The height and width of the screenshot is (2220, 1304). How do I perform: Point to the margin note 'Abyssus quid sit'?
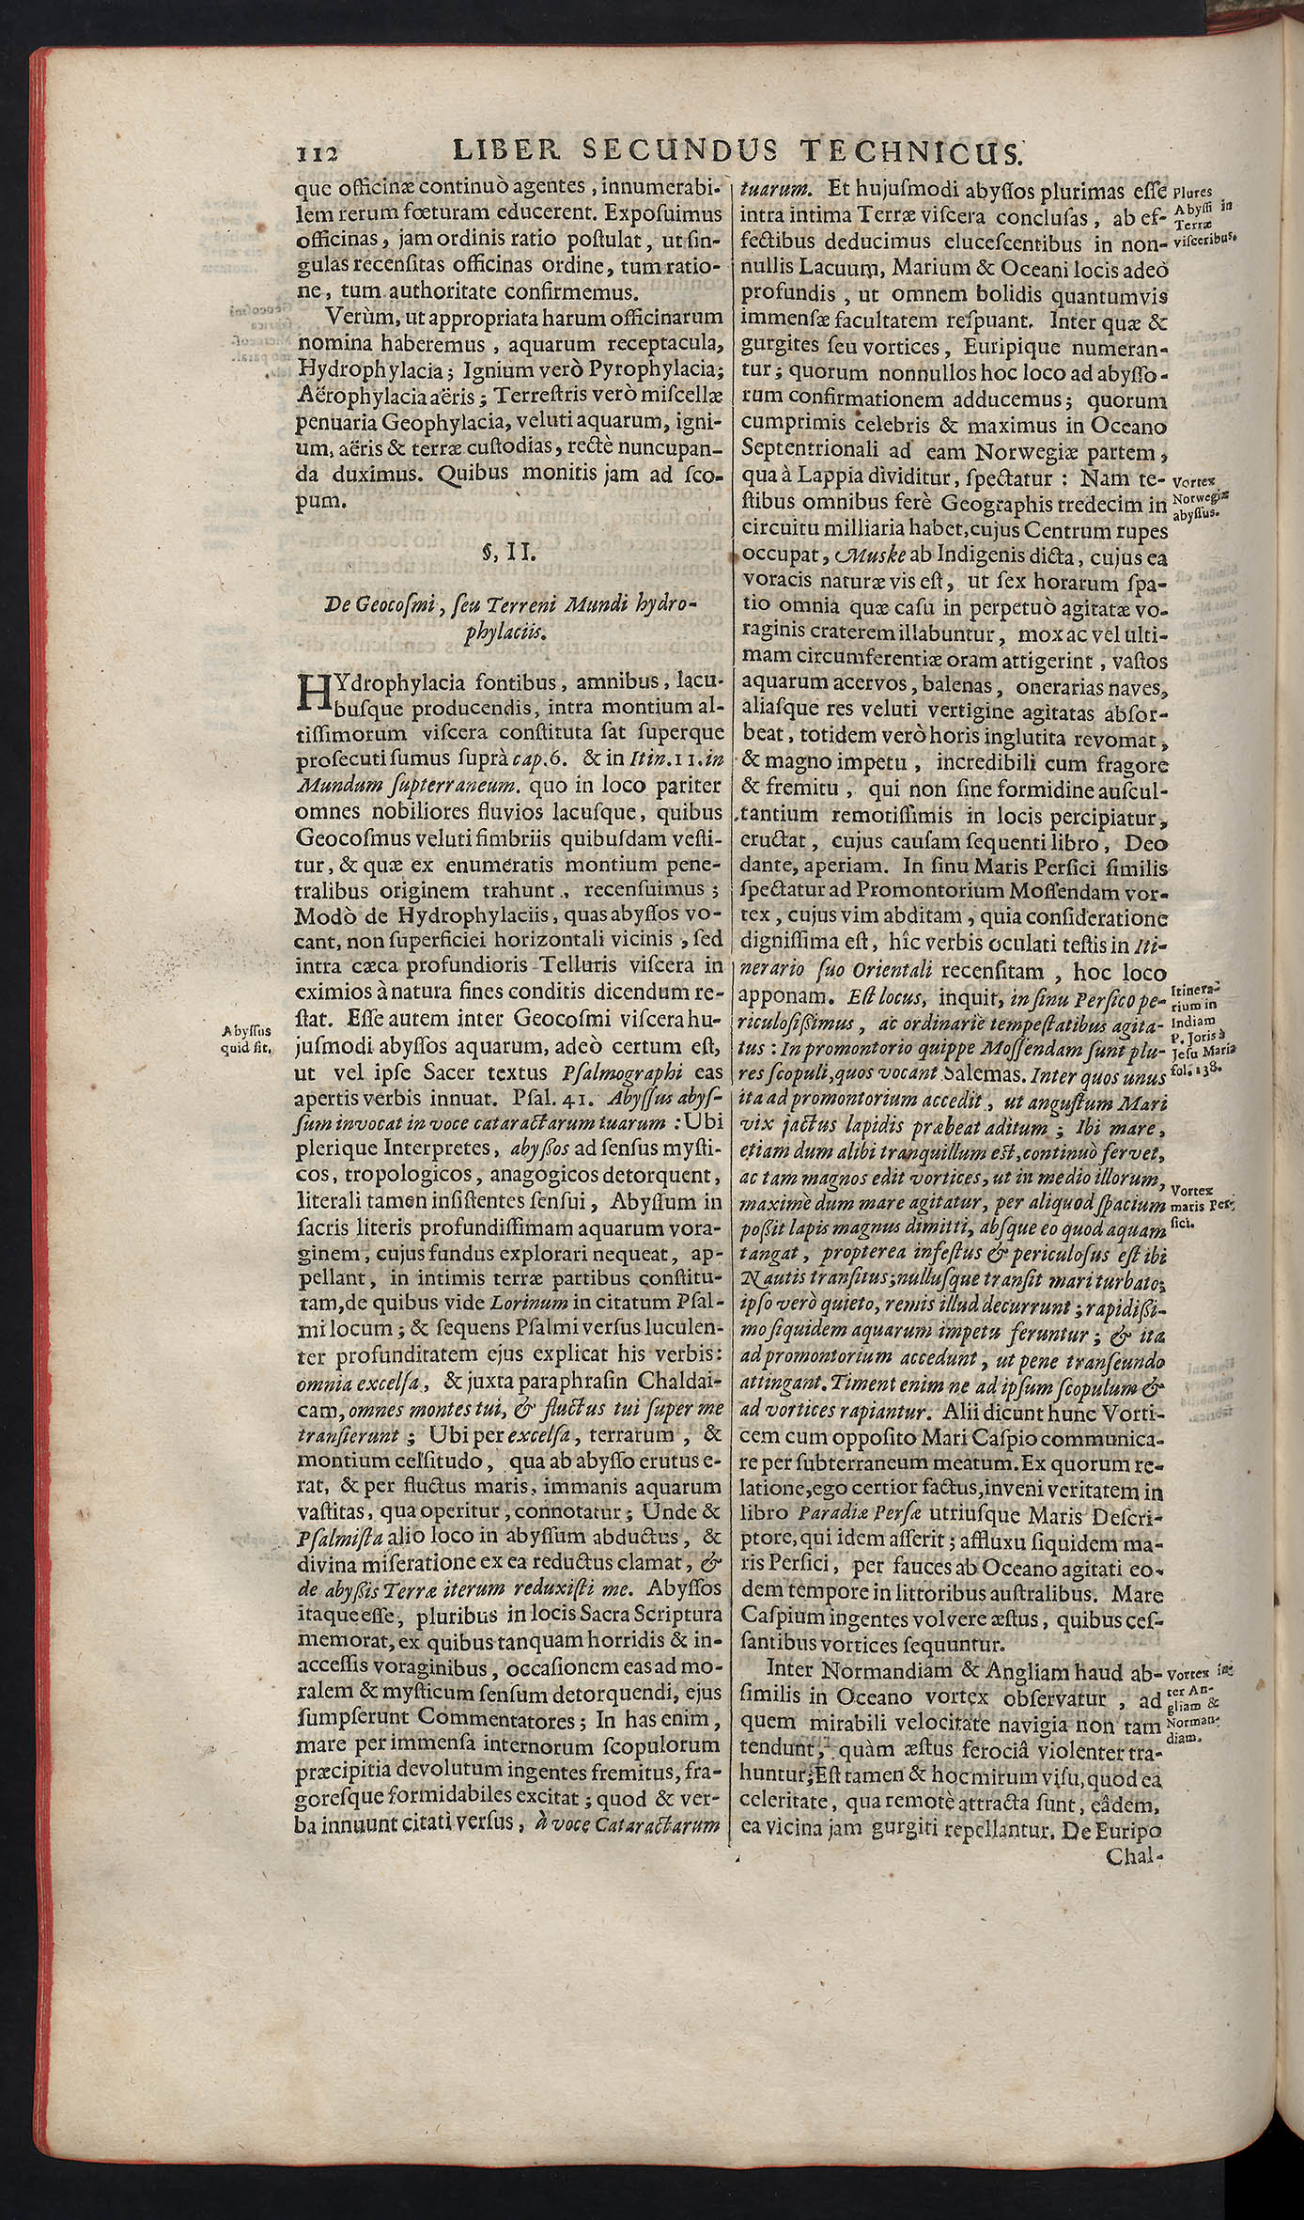point(240,1040)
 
